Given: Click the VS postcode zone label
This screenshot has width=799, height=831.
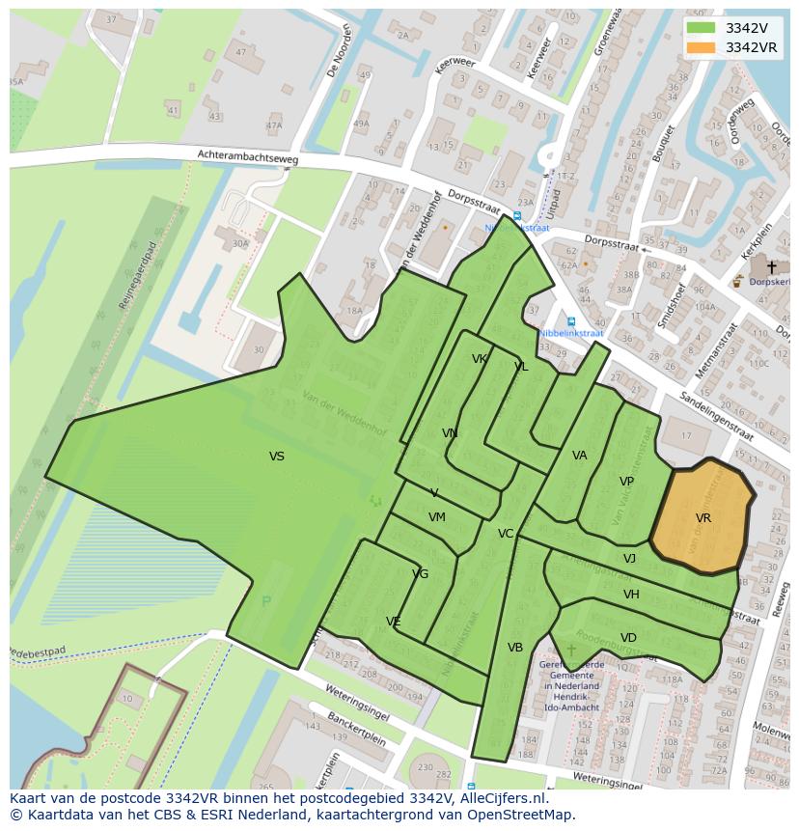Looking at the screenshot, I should click(277, 457).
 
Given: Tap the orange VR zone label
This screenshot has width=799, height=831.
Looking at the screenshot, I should click(703, 518).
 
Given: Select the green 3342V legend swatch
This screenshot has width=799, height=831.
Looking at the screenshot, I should click(702, 28).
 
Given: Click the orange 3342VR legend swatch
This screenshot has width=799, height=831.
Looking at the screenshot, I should click(702, 47).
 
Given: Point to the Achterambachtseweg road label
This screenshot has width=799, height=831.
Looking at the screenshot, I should click(248, 156).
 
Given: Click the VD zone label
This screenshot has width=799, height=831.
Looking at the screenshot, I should click(628, 638).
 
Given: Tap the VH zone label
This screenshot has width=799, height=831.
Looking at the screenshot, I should click(631, 595).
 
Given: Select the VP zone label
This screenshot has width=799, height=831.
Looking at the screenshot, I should click(626, 482).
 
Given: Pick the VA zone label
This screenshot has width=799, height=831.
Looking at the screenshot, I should click(579, 456).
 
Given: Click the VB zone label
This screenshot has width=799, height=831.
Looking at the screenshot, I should click(515, 648).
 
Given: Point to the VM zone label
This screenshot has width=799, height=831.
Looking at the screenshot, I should click(437, 517).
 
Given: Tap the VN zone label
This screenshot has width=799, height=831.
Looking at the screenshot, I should click(450, 433).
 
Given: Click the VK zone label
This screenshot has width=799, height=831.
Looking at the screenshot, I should click(479, 359).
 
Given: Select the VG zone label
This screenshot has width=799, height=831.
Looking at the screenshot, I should click(420, 574).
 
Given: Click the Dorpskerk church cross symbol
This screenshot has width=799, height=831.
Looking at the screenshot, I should click(771, 267).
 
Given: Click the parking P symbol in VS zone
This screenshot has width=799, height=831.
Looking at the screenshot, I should click(266, 601).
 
